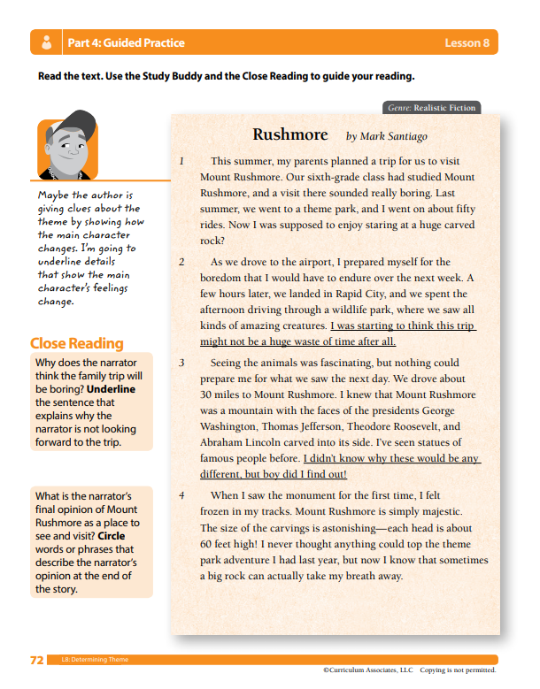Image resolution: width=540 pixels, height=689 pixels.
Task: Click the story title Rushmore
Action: [289, 134]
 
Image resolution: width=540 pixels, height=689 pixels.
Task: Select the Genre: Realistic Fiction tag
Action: [432, 108]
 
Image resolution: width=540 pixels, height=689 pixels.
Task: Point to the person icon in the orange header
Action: [45, 42]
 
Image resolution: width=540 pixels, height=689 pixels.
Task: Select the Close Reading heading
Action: [76, 343]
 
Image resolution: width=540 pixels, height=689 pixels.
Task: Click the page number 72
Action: [37, 660]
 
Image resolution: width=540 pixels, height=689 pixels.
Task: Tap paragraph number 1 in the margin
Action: [181, 162]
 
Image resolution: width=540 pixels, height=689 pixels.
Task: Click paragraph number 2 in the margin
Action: [181, 263]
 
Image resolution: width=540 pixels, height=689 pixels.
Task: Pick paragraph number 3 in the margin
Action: [181, 363]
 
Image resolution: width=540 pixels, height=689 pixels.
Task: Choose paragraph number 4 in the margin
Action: [181, 495]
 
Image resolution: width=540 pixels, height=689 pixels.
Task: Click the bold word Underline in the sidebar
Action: [111, 388]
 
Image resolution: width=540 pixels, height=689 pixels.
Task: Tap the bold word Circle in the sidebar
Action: [115, 536]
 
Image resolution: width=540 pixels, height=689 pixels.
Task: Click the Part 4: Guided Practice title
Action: [126, 42]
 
